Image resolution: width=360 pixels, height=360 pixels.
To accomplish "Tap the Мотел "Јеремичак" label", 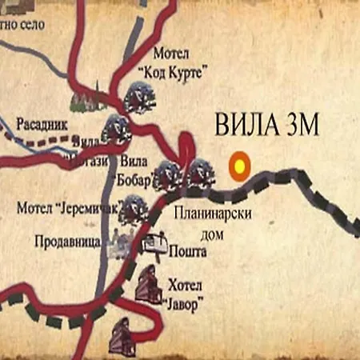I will [x=66, y=209].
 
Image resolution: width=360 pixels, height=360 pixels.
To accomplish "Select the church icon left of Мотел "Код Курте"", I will [x=84, y=99].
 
